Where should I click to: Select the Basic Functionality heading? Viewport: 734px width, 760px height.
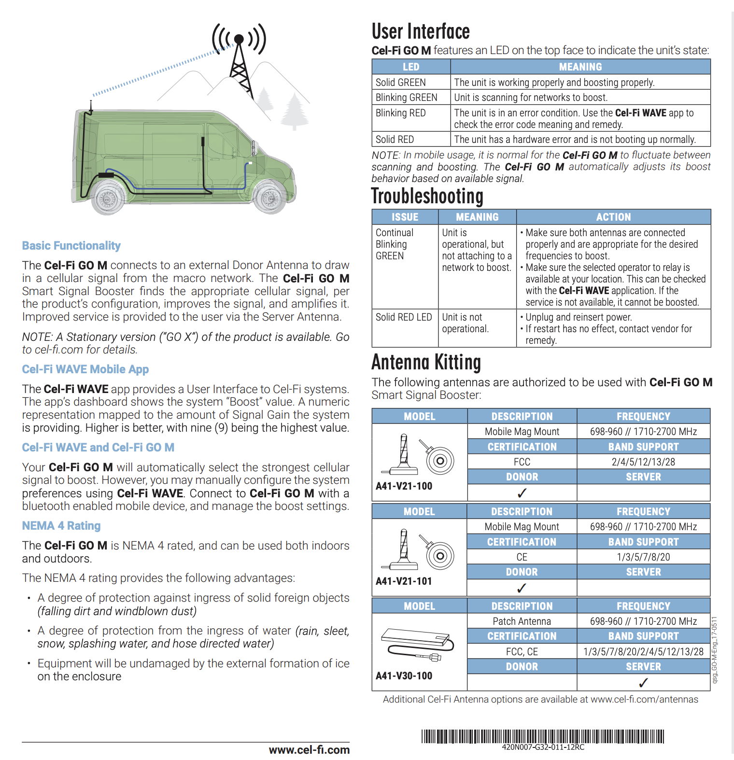tap(71, 246)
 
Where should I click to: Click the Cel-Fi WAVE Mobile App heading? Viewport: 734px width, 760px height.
tap(85, 369)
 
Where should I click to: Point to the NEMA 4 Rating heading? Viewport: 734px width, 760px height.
tap(61, 526)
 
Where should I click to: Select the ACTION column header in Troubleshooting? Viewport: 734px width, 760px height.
tap(613, 217)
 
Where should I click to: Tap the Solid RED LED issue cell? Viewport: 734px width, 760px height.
tap(404, 317)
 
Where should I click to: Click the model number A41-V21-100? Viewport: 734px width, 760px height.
tap(404, 486)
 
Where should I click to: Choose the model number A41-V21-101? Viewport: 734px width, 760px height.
tap(404, 581)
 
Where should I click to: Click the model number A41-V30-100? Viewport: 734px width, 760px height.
tap(404, 676)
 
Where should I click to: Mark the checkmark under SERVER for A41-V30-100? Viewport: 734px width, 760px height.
tap(643, 683)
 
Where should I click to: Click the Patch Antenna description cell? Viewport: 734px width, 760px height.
tap(522, 621)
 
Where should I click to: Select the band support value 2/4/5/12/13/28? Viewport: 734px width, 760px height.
tap(643, 462)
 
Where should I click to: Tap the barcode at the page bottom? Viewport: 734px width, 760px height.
tap(543, 737)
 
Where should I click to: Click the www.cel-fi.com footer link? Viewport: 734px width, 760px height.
tap(309, 750)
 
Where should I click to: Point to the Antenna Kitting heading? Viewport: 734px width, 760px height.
tap(426, 362)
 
